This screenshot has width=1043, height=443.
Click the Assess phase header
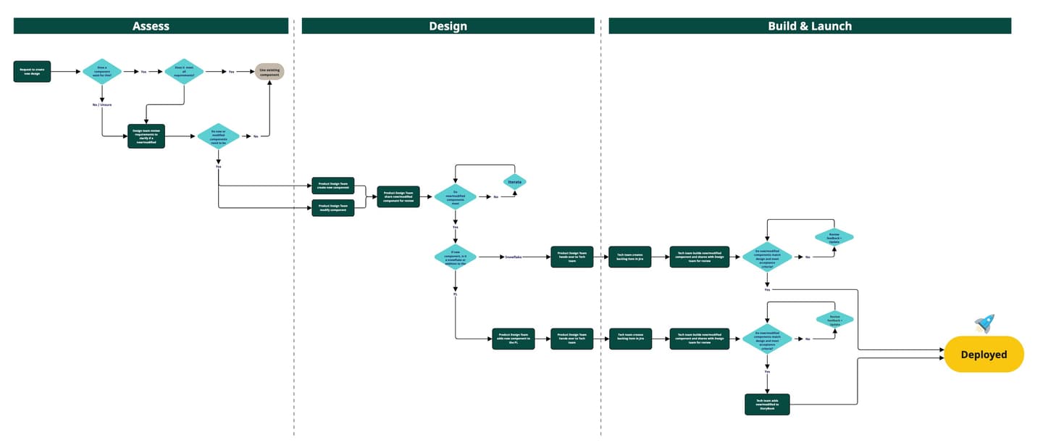tap(151, 26)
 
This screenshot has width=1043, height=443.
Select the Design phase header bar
tap(448, 26)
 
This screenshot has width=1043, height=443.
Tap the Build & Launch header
tap(809, 26)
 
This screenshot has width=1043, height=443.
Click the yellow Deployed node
tap(984, 355)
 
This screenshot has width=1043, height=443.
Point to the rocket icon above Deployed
tap(984, 323)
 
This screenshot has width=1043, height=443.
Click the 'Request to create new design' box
tap(32, 72)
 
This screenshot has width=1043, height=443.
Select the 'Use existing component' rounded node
tap(269, 72)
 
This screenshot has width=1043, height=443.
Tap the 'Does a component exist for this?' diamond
tap(102, 72)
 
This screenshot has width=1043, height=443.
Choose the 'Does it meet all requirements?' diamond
tap(184, 72)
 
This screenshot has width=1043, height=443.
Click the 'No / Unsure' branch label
tap(102, 106)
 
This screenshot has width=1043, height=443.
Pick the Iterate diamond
tap(515, 182)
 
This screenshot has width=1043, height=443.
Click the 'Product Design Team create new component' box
tap(332, 186)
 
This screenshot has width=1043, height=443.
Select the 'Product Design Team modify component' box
tap(332, 208)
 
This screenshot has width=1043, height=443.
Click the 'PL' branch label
tap(456, 294)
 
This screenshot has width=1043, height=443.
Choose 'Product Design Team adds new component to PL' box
tap(513, 339)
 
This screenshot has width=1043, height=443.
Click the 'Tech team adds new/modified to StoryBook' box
tap(767, 404)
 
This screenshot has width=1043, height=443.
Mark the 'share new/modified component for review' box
tap(398, 196)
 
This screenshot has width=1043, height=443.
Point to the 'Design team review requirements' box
tap(146, 136)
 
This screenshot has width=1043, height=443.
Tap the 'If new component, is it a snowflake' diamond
tap(456, 257)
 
